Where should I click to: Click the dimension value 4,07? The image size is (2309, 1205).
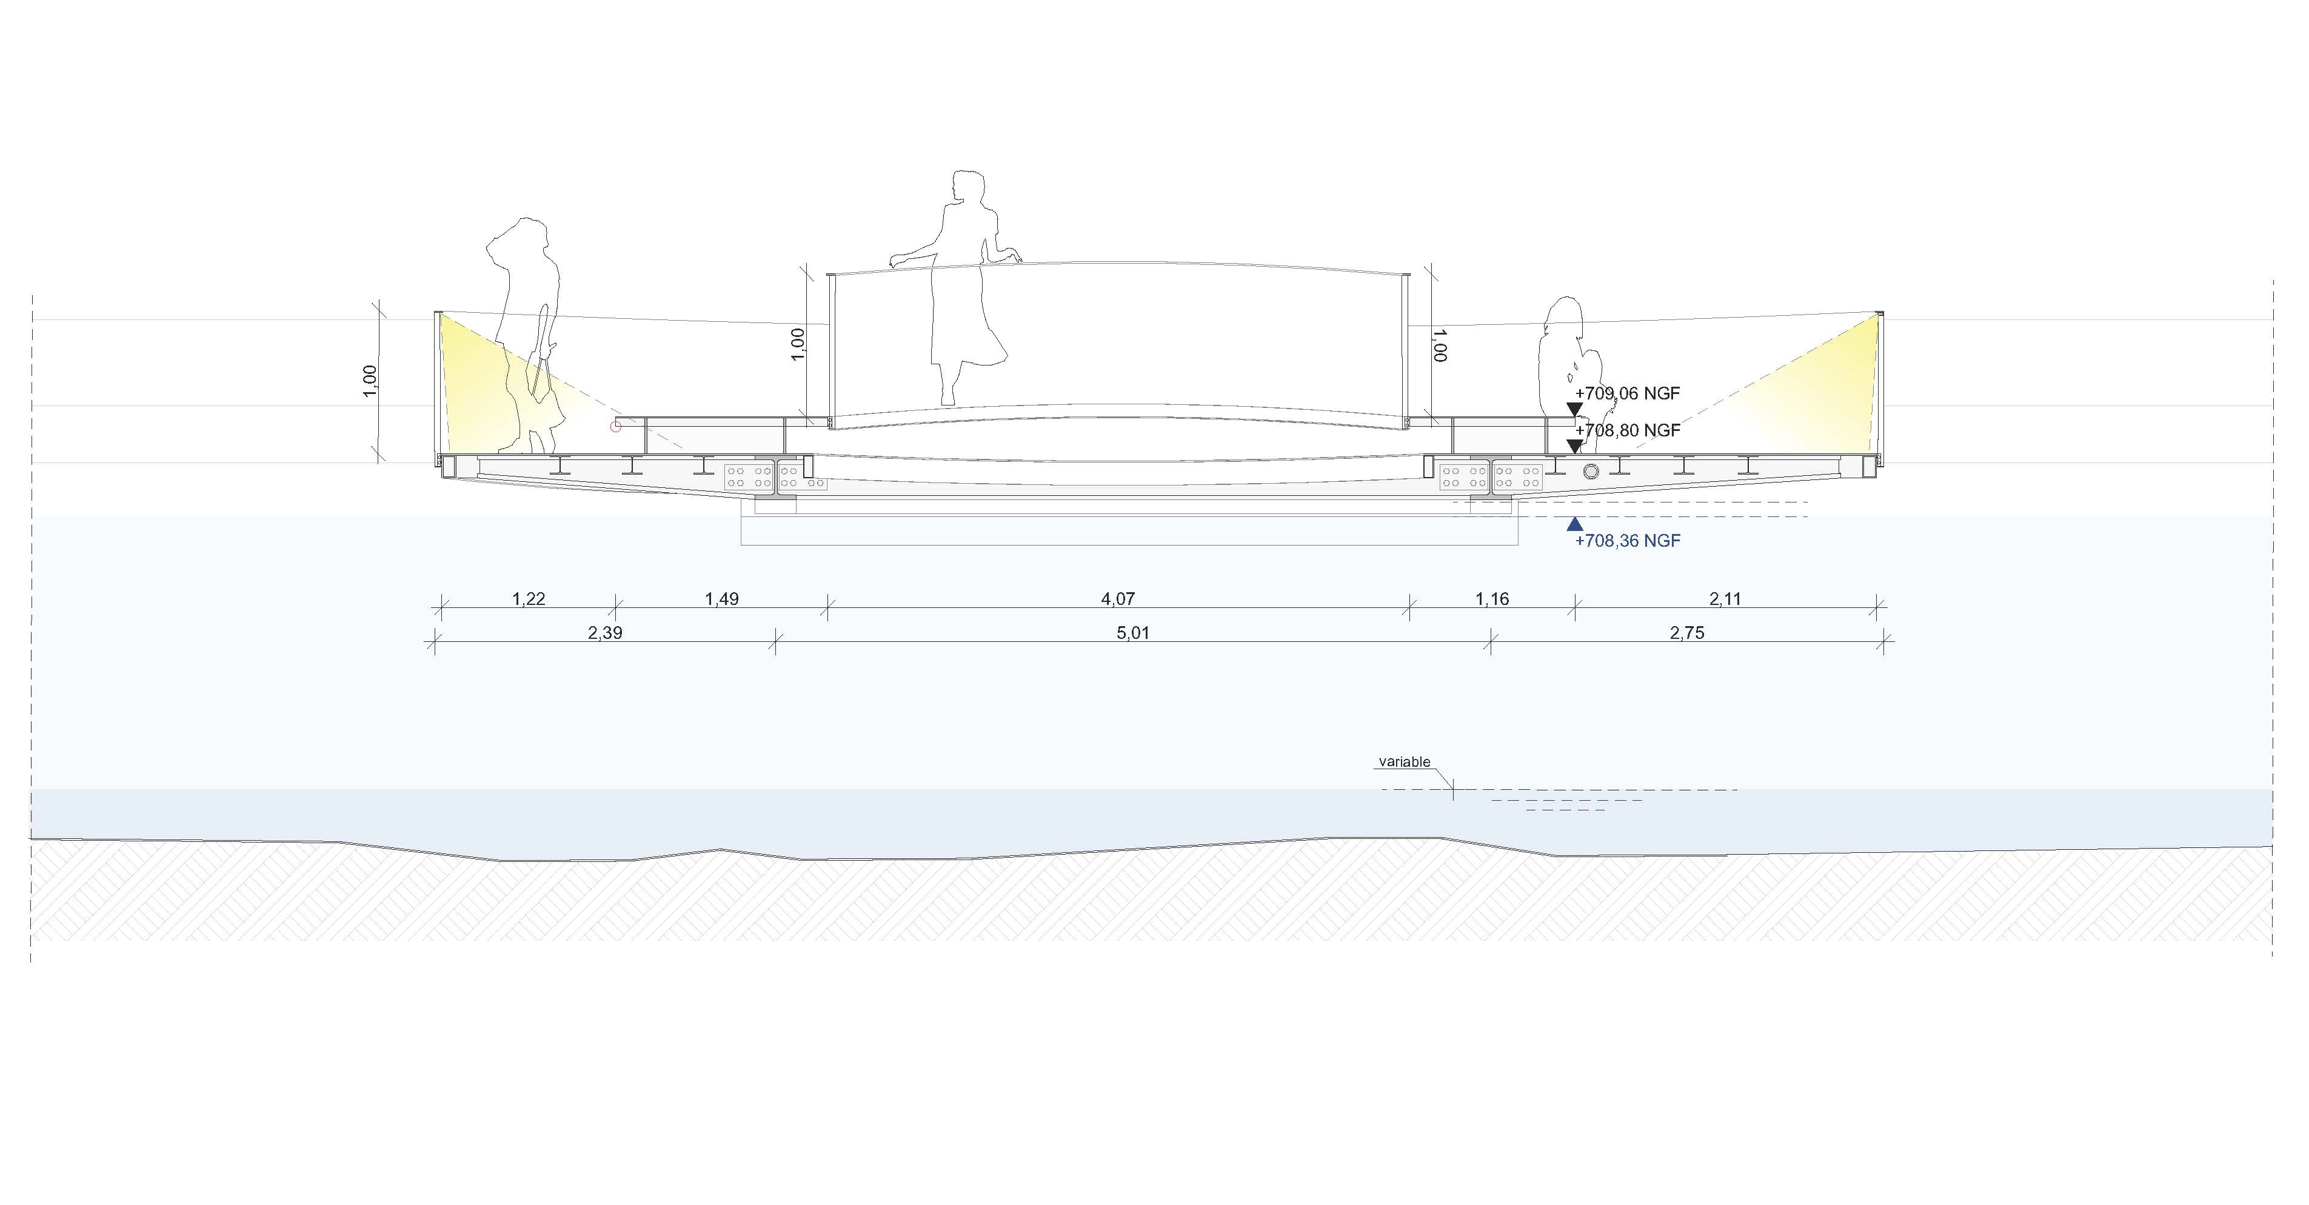[1118, 599]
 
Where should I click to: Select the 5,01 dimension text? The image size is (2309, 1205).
[1133, 633]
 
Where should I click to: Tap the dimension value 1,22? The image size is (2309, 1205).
[529, 599]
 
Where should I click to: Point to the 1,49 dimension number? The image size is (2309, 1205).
[721, 599]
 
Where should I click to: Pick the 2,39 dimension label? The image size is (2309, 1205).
[605, 633]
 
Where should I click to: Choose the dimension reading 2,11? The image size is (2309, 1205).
[1725, 599]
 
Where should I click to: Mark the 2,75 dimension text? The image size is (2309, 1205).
[1687, 633]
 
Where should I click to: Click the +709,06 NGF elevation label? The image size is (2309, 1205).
[1627, 393]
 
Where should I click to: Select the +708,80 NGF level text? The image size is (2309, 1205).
[1627, 431]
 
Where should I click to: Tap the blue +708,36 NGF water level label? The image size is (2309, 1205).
[1627, 541]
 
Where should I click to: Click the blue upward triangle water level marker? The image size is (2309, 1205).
[1574, 524]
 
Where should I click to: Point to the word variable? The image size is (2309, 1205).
[1404, 762]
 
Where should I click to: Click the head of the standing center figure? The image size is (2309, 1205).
[968, 189]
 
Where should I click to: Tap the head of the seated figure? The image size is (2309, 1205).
[1568, 314]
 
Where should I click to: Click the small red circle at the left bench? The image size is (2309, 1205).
[616, 427]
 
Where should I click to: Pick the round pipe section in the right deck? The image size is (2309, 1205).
[1591, 472]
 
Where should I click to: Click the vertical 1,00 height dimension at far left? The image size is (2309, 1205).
[370, 381]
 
